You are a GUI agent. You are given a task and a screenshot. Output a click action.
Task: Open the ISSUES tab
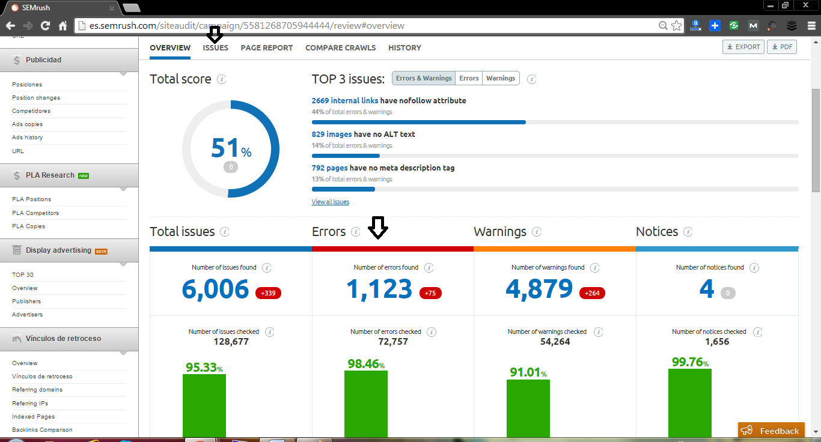[215, 48]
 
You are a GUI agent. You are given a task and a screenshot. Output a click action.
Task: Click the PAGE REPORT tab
[266, 48]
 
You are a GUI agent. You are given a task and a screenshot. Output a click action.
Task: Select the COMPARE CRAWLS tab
[340, 48]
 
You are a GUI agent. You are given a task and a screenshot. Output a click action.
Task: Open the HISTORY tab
[404, 48]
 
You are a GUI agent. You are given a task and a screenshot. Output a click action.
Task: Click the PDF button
[781, 47]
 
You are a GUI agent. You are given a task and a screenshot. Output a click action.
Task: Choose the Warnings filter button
[501, 78]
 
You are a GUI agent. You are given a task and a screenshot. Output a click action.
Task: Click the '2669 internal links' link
[344, 101]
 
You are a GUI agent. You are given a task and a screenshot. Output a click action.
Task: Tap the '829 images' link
[331, 135]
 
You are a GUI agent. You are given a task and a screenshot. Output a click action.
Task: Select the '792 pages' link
[329, 168]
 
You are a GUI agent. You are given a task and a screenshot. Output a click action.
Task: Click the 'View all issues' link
[330, 202]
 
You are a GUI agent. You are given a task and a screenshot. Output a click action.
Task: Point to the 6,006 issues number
[215, 289]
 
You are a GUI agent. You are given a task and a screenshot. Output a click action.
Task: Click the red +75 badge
[430, 293]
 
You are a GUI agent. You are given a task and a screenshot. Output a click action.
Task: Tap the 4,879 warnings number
[539, 289]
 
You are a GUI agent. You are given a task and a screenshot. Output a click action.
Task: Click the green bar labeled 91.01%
[528, 408]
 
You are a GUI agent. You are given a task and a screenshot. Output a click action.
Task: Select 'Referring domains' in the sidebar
[37, 390]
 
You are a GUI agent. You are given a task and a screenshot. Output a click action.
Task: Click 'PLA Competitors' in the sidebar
[35, 213]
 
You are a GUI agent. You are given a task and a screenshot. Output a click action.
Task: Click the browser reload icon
[45, 26]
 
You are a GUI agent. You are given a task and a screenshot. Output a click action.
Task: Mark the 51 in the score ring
[225, 148]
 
